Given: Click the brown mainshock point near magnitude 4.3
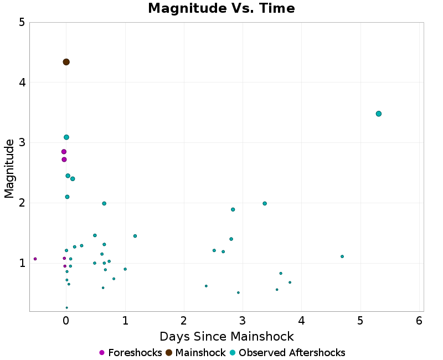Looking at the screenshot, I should (66, 62).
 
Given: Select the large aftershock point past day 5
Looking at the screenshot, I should (379, 114).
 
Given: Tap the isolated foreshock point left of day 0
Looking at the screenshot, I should (35, 259).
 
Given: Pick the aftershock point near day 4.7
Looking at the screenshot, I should (342, 256).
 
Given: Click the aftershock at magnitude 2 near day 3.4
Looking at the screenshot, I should (265, 203).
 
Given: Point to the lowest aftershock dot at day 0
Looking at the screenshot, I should (66, 307).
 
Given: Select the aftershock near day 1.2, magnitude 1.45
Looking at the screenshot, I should (135, 236).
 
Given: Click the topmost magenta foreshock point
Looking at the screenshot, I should (64, 152).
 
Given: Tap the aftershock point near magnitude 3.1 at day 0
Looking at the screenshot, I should (66, 137).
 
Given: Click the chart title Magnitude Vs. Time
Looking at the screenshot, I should (221, 9).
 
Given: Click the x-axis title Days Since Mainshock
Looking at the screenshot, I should (226, 336).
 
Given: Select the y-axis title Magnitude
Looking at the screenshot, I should (9, 168).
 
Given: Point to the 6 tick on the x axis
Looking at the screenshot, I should (419, 321).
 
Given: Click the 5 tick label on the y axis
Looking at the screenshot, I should (22, 23).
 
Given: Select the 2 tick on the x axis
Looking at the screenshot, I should (184, 321).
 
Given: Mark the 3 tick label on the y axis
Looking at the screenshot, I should (22, 143).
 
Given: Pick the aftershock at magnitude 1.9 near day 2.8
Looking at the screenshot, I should (233, 209).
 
